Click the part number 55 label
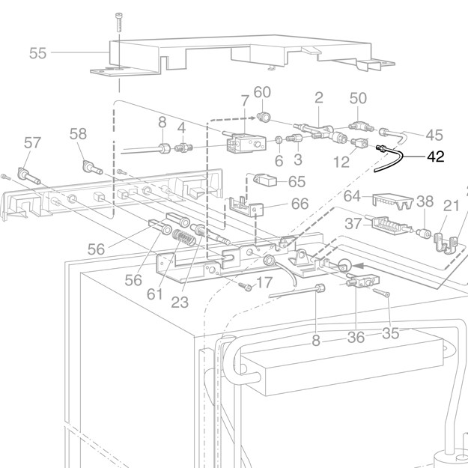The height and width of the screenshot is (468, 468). pos(37,53)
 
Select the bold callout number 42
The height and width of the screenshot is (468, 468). pos(436,157)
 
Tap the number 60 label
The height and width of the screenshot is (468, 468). pos(262,92)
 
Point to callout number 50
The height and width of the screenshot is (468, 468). pos(359,98)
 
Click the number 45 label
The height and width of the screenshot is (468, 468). pos(434,135)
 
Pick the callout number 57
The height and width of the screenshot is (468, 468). pos(32,142)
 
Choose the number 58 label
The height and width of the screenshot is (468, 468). pos(78,134)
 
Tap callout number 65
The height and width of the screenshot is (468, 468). pos(297,181)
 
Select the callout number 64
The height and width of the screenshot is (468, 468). pos(353,196)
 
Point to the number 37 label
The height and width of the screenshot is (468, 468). pos(353,224)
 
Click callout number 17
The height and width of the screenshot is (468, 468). pos(264,284)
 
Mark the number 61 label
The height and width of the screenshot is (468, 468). pos(154,294)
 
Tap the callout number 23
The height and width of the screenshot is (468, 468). pos(179,303)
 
